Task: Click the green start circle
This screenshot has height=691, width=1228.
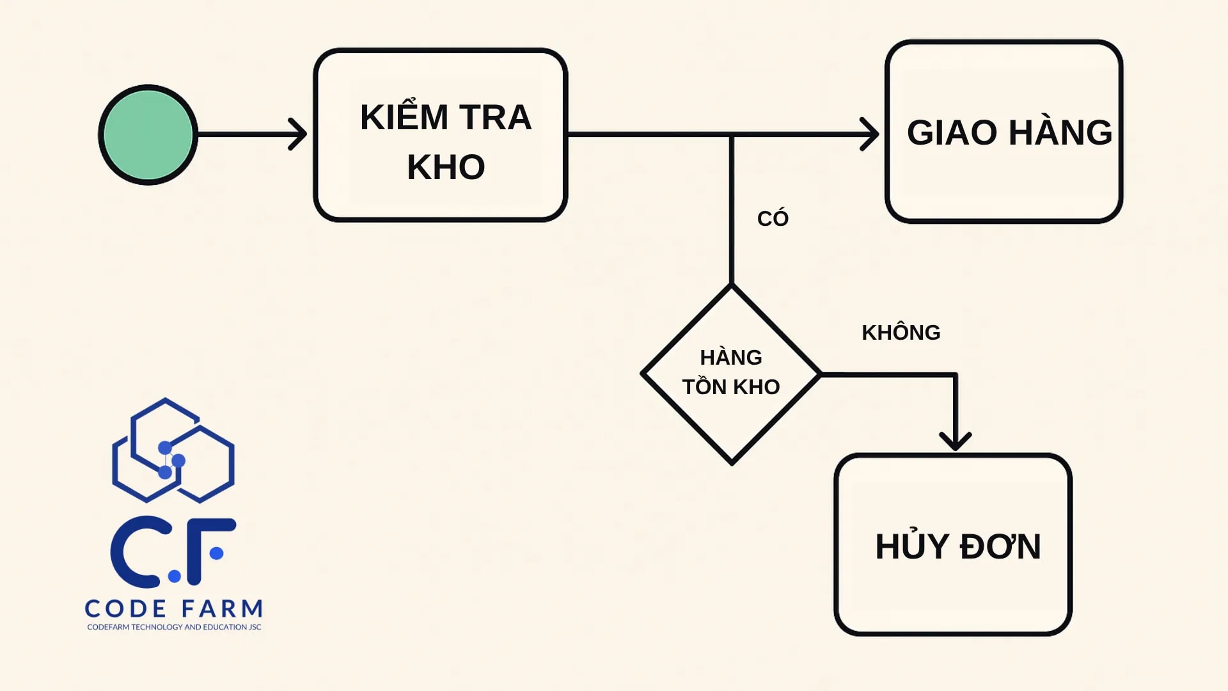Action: point(148,135)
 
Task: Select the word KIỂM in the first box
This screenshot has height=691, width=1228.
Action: point(404,117)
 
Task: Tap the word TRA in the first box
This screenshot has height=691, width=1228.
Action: point(495,118)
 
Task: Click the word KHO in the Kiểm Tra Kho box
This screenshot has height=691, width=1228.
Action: point(446,168)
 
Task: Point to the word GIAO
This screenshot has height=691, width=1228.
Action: point(952,133)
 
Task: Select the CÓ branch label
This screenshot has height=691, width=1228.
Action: point(773,219)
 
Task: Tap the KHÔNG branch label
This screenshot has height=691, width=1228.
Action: point(901,333)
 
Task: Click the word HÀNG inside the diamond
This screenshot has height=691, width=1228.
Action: point(731,357)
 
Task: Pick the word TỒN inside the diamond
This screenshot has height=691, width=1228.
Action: point(704,387)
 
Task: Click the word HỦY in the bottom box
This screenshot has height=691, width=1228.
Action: point(912,546)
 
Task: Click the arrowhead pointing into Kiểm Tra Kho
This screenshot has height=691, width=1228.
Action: point(299,134)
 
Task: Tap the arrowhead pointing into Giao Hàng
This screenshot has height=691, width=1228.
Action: point(870,134)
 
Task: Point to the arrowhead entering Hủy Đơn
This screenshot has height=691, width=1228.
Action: point(955,441)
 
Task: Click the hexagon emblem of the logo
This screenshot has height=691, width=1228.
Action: point(173,450)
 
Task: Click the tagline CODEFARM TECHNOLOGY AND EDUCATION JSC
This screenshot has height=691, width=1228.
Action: point(174,627)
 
